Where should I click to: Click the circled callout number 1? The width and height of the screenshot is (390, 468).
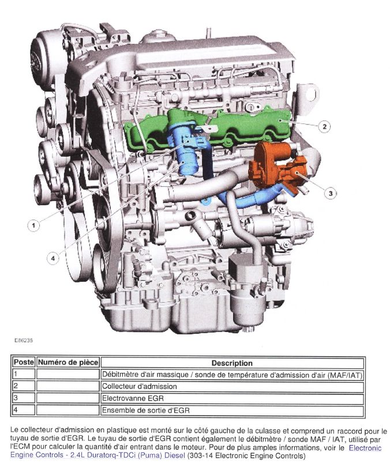tap(33, 225)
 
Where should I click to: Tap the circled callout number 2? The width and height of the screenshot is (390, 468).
tap(325, 127)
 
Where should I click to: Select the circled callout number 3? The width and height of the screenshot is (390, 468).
tap(330, 193)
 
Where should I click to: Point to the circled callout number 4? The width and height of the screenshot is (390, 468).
tap(53, 258)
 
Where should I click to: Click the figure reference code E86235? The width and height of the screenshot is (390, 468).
tap(24, 340)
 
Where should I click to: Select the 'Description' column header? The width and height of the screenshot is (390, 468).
tap(232, 363)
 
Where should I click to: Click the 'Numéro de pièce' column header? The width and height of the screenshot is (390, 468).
tap(68, 363)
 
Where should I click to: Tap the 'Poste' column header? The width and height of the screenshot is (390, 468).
tap(24, 363)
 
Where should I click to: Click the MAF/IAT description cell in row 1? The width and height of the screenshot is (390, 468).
tap(232, 375)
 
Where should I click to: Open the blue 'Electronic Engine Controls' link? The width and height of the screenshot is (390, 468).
tap(196, 452)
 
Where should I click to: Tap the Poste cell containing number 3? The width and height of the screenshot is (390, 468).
tap(24, 398)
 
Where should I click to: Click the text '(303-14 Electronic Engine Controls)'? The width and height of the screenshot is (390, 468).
tap(246, 456)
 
